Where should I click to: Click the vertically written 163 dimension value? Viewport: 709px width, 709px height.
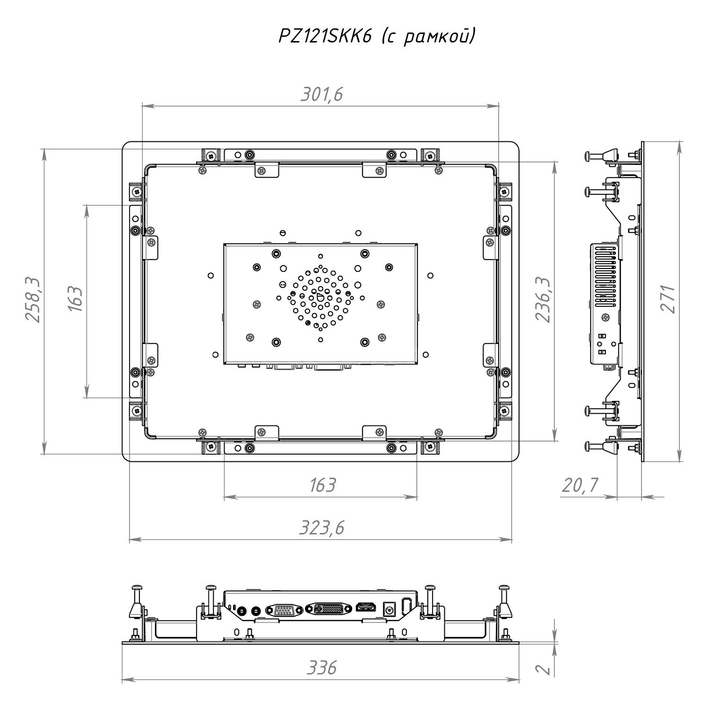click(x=76, y=299)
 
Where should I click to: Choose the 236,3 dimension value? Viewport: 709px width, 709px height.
click(x=543, y=300)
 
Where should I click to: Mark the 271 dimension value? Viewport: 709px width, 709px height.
click(x=667, y=299)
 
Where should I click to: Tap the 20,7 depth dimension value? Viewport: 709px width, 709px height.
click(x=580, y=485)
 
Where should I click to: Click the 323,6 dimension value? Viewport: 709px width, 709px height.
click(x=321, y=527)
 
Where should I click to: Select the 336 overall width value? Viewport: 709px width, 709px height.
click(x=322, y=668)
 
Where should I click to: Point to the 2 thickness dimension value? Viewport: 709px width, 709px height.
click(x=544, y=669)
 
